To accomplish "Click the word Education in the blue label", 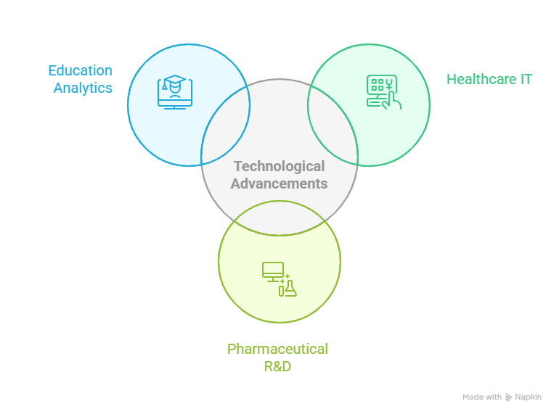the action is (x=80, y=70).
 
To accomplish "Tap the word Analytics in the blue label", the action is (x=83, y=88).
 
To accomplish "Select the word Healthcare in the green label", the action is (x=476, y=79).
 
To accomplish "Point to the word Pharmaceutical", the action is (x=277, y=349).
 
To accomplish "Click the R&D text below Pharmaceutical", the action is (x=277, y=366).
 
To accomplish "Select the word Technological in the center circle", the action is (x=279, y=167).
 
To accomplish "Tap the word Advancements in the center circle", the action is (x=279, y=183).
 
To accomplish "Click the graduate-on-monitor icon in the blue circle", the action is (x=175, y=92).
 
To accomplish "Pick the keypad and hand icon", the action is (x=383, y=92).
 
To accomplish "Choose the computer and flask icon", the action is (x=279, y=279).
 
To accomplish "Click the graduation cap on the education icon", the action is (x=175, y=80).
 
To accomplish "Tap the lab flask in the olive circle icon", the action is (x=290, y=288).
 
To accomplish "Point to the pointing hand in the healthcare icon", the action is (x=393, y=99).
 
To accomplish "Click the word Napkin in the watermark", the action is (x=528, y=397).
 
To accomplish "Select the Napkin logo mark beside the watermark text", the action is (x=508, y=397).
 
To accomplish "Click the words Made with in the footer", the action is (x=482, y=397).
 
